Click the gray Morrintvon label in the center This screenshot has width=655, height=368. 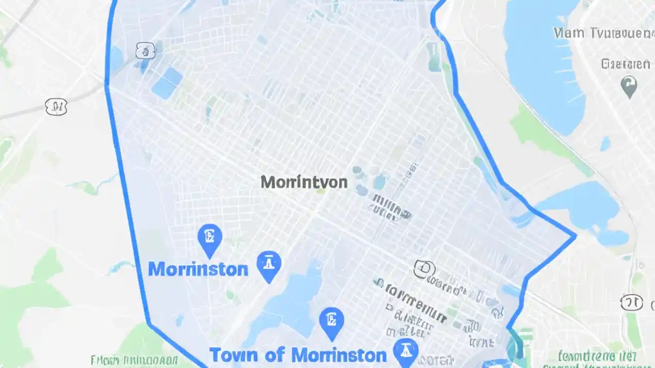[304, 182]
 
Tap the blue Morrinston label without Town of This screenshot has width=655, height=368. [198, 269]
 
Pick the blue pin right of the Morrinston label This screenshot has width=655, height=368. [269, 265]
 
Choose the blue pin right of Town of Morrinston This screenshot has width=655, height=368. [406, 352]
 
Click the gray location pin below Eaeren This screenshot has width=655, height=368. [628, 85]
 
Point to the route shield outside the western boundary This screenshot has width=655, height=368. [56, 107]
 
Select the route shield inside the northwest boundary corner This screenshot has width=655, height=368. [145, 51]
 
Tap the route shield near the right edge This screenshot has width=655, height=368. [631, 302]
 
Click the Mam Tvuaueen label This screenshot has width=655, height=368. [604, 34]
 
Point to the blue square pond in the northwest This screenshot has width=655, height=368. [167, 83]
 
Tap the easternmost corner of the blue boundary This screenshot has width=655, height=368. [576, 236]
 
